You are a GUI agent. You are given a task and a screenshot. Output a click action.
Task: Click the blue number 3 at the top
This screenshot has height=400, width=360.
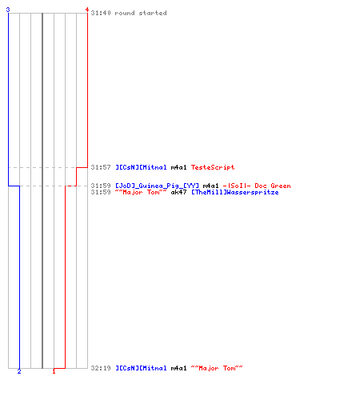pos(8,10)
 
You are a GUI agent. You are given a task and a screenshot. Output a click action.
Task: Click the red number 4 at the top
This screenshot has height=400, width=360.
pos(87,10)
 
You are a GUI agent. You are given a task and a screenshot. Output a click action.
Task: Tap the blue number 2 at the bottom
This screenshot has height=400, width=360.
pos(19,371)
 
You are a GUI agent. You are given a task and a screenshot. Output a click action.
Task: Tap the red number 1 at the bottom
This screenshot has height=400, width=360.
pos(54,371)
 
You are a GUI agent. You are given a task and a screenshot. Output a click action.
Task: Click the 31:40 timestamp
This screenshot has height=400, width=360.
pos(101,13)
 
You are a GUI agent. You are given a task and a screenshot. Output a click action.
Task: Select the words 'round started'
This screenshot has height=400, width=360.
pos(141,13)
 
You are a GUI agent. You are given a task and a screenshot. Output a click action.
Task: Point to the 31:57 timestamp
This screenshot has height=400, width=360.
pos(101,167)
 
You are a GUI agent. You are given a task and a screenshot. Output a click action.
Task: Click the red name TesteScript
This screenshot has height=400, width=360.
pos(213,167)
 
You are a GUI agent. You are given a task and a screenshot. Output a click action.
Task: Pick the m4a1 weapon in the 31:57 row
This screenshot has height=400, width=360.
pos(178,167)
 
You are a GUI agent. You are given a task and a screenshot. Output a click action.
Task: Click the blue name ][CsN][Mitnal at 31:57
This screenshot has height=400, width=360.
pos(141,167)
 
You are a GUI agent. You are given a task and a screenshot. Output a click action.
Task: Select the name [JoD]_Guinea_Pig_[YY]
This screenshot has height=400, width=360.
pos(157,186)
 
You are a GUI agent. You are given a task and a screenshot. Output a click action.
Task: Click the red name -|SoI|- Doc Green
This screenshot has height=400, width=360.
pos(257,186)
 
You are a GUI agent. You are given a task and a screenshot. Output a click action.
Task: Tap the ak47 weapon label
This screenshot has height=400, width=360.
pos(178,192)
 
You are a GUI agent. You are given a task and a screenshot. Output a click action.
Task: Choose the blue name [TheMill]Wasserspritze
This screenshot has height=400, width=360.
pos(235,192)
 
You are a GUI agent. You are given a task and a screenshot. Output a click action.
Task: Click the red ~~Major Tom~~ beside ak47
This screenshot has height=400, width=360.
pos(141,192)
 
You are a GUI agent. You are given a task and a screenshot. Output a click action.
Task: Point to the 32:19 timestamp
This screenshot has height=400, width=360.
pos(101,368)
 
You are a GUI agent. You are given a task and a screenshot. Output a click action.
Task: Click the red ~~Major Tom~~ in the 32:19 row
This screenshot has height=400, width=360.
pos(217,368)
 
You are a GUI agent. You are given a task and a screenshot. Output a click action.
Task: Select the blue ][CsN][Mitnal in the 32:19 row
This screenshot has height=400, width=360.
pos(141,368)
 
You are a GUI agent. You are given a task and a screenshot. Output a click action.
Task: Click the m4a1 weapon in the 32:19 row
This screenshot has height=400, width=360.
pos(178,368)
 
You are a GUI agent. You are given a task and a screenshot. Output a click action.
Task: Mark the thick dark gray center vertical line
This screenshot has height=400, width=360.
pos(42,190)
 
